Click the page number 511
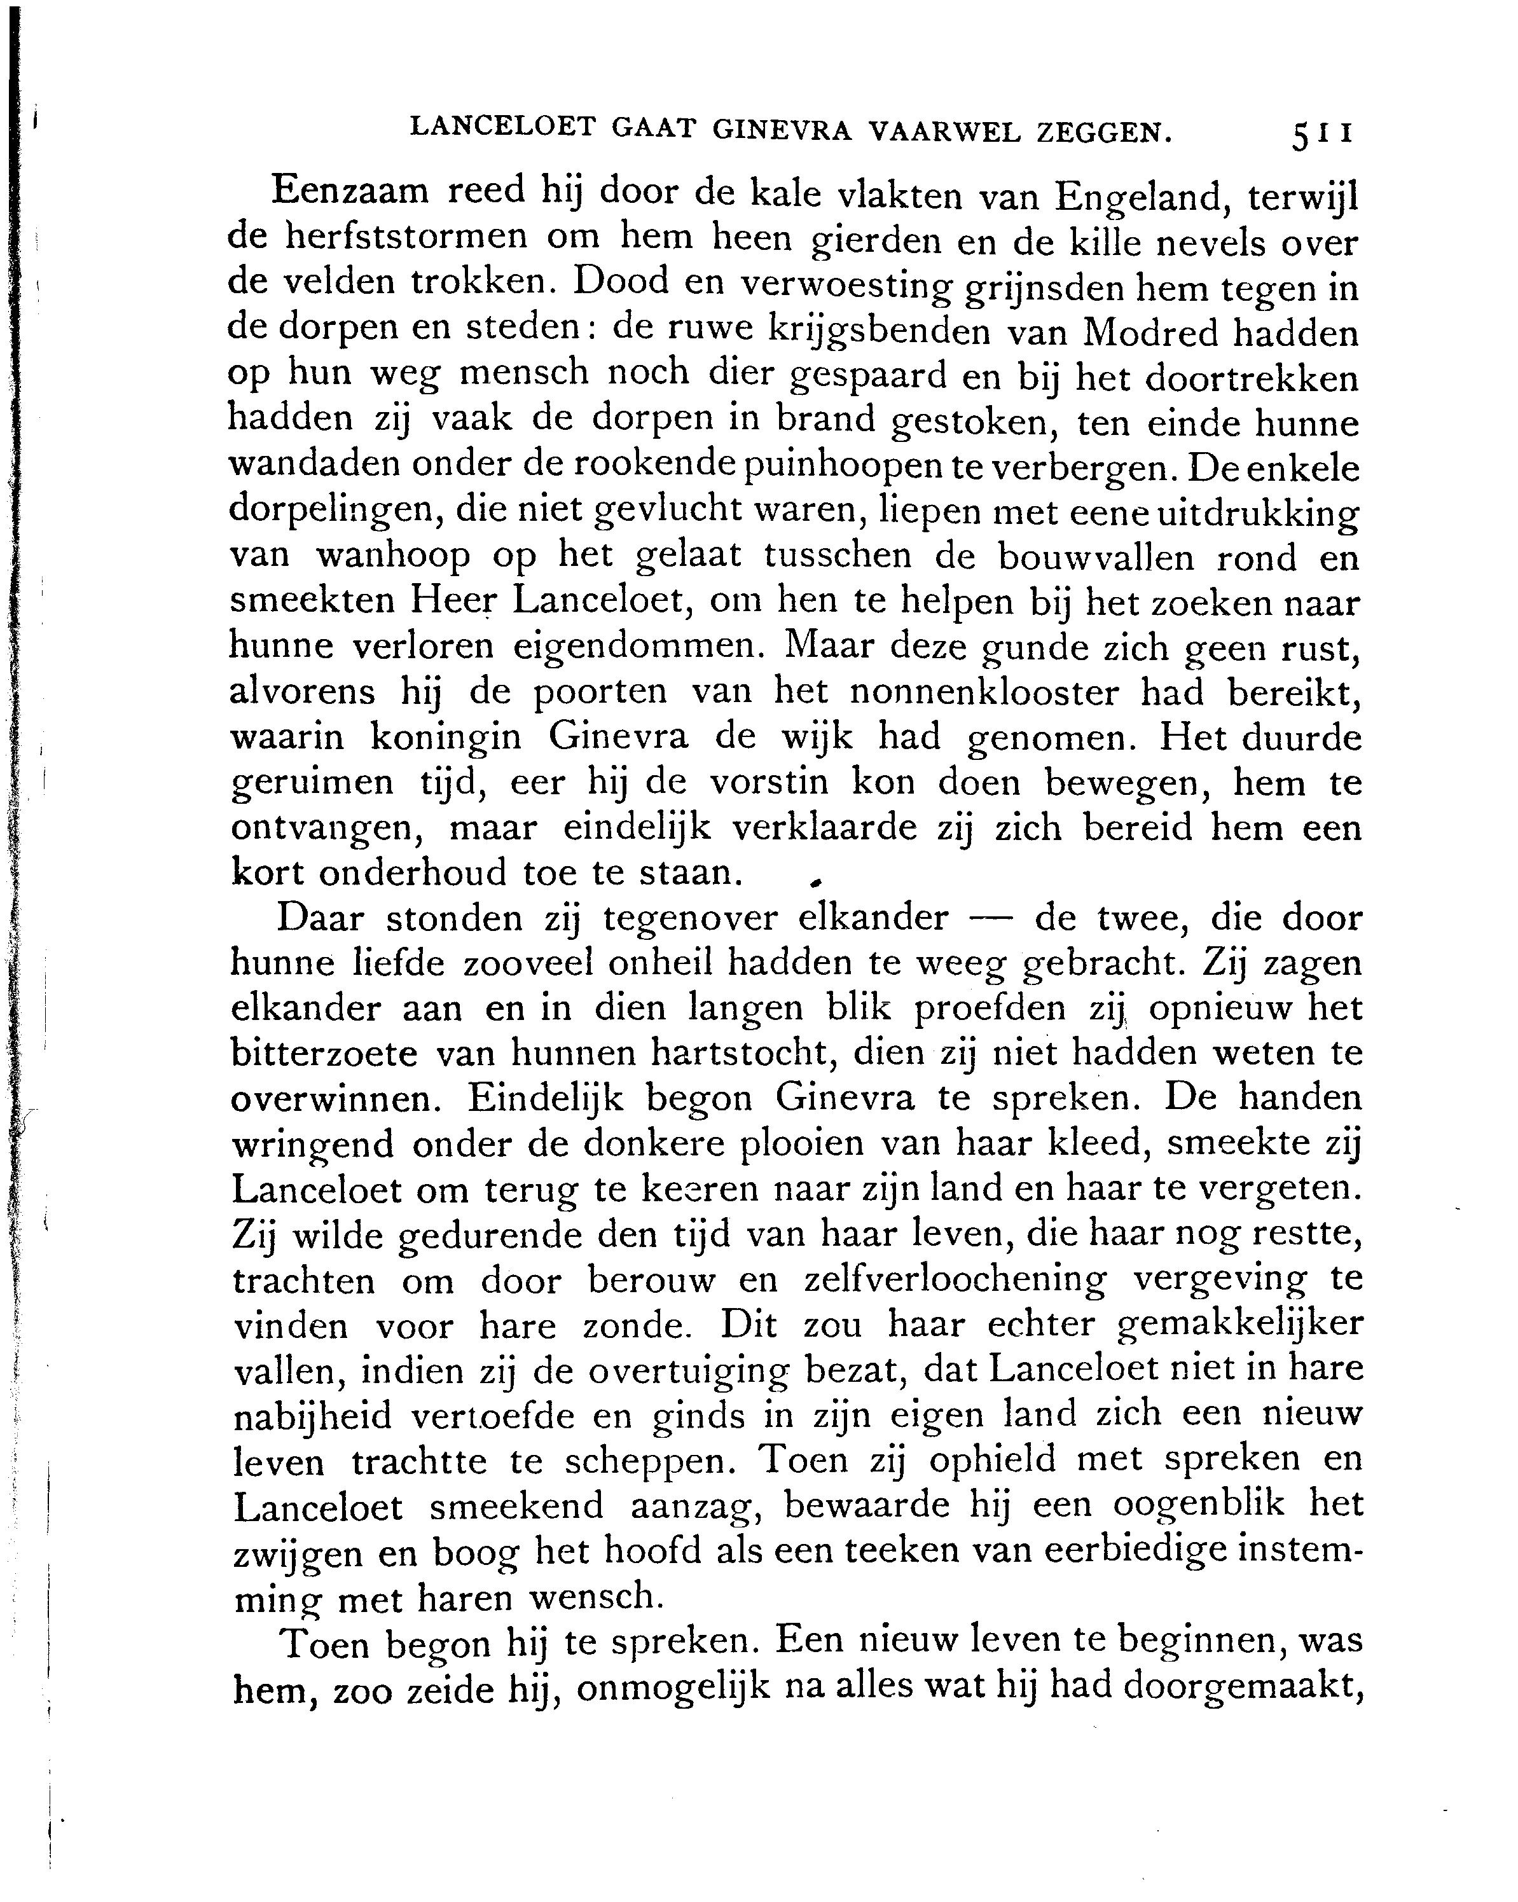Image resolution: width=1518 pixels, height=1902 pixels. click(x=1320, y=135)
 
